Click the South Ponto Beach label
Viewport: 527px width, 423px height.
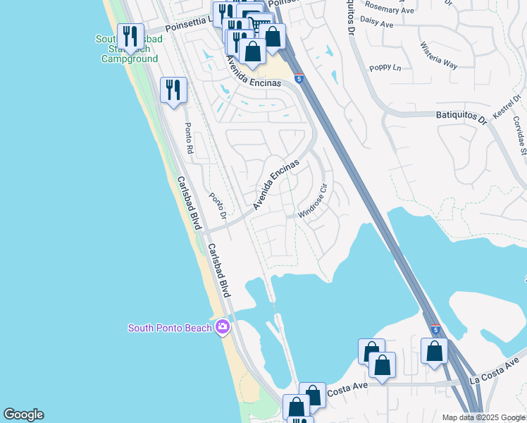click(170, 328)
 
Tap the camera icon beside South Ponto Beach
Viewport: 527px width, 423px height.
click(223, 326)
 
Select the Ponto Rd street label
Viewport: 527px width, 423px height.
click(188, 138)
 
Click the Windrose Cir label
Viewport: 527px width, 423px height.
click(314, 202)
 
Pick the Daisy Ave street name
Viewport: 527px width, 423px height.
click(376, 24)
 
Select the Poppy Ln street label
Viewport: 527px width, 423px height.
click(385, 68)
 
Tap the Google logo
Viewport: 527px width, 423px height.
click(23, 415)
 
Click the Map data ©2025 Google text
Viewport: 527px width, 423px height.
click(484, 417)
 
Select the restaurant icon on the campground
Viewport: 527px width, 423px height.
click(130, 37)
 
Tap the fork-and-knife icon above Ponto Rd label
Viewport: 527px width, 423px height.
click(173, 90)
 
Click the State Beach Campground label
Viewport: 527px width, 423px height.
click(130, 49)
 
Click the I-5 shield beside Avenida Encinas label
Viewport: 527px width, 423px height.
click(299, 78)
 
